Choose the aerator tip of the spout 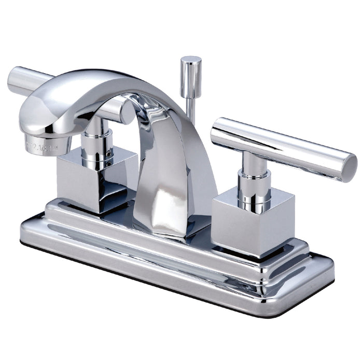[47, 143]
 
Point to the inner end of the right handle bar [218, 132]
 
